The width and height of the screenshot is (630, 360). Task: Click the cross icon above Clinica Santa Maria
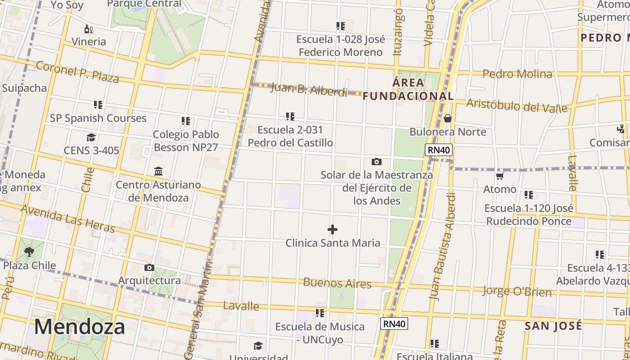point(333,230)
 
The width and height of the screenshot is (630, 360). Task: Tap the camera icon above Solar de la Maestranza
point(377,162)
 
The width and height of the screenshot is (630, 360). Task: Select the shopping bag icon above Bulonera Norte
point(448,118)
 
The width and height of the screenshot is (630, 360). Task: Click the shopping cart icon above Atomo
point(499,176)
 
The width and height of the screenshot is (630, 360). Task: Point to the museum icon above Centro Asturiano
point(158,171)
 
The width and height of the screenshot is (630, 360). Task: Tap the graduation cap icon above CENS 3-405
point(91,137)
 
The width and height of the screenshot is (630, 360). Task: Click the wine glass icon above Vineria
point(89,29)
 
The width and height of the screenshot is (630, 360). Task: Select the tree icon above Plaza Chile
point(30,252)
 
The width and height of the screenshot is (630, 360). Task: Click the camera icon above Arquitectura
point(149,268)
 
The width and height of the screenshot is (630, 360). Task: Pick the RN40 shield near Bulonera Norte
point(439,150)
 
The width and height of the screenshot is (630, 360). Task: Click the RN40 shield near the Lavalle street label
point(394,323)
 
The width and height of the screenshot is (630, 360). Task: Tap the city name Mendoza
point(80,327)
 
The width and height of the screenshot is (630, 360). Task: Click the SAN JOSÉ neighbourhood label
point(553,325)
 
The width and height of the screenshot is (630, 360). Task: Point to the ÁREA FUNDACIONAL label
point(408,89)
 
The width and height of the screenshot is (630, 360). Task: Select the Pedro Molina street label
point(517,74)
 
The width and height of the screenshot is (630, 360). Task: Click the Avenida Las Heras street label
point(67,219)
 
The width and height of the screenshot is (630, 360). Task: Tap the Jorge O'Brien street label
point(517,291)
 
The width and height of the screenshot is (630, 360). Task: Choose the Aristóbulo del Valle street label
point(517,105)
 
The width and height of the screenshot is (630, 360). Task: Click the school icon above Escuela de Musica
point(320,313)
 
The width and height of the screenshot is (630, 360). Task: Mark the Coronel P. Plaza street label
point(77,72)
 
